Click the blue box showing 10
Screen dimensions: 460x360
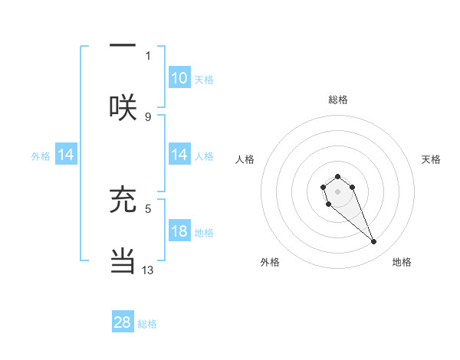pyautogui.click(x=179, y=78)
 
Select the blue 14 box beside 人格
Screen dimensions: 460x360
pyautogui.click(x=179, y=155)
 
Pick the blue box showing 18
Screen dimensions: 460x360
pyautogui.click(x=179, y=232)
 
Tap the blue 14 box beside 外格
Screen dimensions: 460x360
pyautogui.click(x=66, y=155)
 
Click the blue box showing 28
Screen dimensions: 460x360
pyautogui.click(x=123, y=322)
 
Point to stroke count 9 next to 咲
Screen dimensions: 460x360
pyautogui.click(x=148, y=116)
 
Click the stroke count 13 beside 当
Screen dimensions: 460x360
pyautogui.click(x=148, y=270)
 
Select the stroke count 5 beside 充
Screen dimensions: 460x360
pyautogui.click(x=148, y=208)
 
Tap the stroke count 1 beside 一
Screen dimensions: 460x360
pyautogui.click(x=148, y=55)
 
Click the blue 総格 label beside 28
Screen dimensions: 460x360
pyautogui.click(x=147, y=323)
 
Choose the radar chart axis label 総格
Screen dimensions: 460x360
pyautogui.click(x=337, y=100)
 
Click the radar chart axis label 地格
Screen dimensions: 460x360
pyautogui.click(x=402, y=262)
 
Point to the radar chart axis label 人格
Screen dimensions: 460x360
pyautogui.click(x=245, y=159)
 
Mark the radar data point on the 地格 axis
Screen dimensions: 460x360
pyautogui.click(x=374, y=242)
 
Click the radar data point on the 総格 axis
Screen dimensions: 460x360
pyautogui.click(x=337, y=176)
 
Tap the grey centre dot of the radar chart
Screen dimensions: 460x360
pyautogui.click(x=337, y=191)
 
